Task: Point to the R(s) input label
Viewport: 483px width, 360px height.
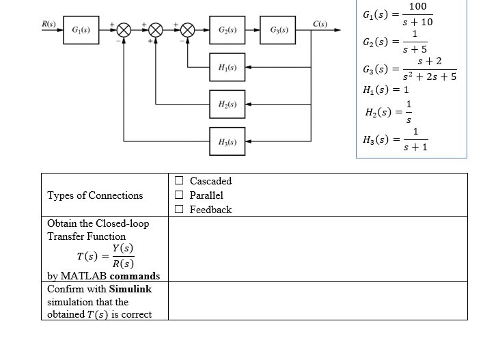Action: (x=49, y=25)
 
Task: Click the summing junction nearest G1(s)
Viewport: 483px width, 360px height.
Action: (x=124, y=31)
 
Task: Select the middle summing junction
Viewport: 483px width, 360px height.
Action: (x=156, y=31)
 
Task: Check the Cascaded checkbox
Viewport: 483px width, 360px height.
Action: (x=178, y=181)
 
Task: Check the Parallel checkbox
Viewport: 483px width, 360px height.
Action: (x=178, y=195)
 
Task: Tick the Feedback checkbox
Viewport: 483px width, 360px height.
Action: (x=178, y=210)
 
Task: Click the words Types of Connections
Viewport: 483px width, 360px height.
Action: (x=95, y=195)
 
